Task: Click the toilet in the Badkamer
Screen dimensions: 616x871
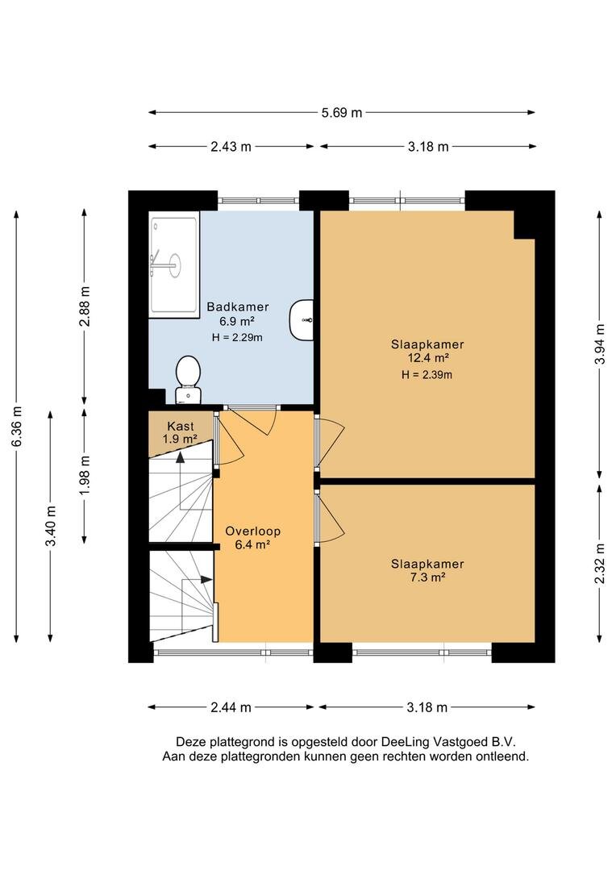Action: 188,379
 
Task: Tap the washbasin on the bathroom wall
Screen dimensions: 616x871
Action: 301,319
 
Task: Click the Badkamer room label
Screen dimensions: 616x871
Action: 238,306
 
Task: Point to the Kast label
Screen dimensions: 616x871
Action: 181,426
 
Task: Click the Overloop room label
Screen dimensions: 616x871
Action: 252,531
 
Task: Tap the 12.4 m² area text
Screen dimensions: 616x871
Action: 427,358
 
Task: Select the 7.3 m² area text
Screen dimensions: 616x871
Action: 427,577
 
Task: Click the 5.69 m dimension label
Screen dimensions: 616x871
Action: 342,113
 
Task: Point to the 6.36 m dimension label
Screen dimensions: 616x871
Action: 17,426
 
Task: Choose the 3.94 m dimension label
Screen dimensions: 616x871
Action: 599,344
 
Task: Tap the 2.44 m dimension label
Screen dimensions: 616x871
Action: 231,707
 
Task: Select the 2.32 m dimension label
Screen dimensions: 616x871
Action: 599,563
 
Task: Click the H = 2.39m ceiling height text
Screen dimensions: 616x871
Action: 427,375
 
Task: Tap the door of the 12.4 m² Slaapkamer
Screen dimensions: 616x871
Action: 329,441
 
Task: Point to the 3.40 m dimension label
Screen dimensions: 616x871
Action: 51,526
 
